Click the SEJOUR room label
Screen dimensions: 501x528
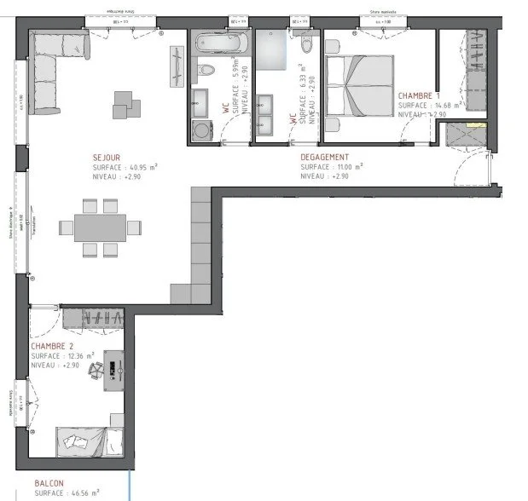point(107,157)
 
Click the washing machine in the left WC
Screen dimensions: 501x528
point(201,130)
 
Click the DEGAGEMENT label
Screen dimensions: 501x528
point(325,157)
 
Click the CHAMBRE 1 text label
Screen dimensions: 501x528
point(421,95)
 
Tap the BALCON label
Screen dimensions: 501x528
point(49,483)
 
